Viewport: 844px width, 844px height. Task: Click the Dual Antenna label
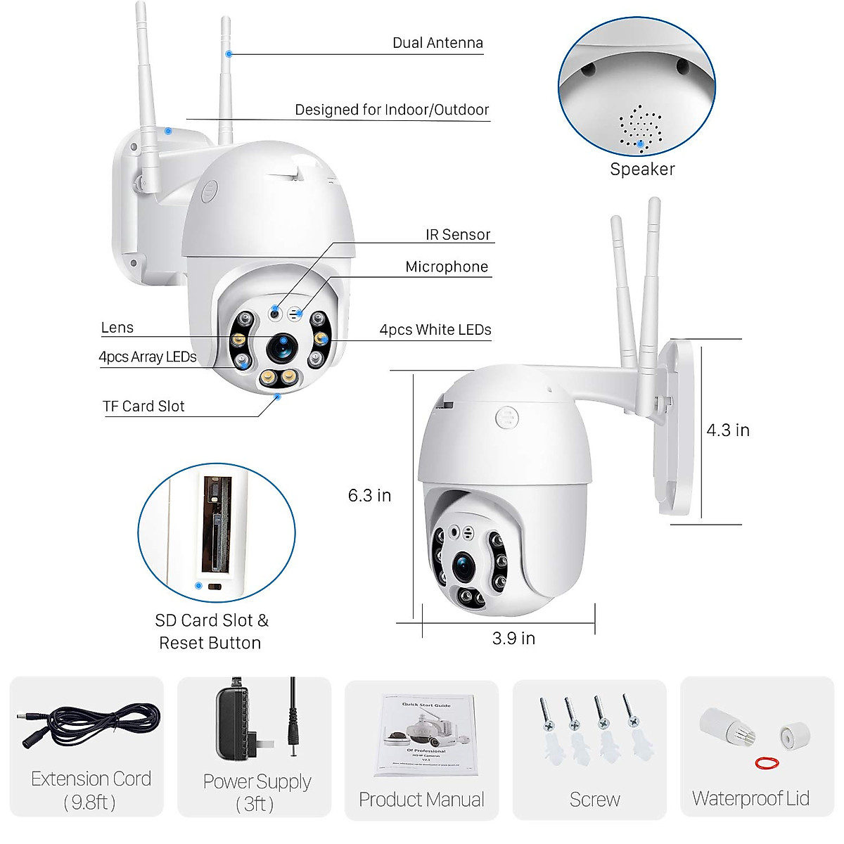(x=437, y=43)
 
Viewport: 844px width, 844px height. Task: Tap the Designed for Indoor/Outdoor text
(x=392, y=110)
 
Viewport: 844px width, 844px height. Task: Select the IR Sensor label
(x=458, y=235)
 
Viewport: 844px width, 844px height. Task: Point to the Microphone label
(x=447, y=267)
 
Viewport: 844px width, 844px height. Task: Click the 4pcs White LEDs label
(x=435, y=330)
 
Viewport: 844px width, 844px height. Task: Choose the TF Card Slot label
(x=143, y=407)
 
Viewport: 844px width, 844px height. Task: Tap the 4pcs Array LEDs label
(x=148, y=357)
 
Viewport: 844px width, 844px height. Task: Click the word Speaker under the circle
(x=642, y=170)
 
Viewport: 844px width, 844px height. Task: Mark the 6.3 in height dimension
(x=369, y=496)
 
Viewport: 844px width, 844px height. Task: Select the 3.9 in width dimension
(x=513, y=639)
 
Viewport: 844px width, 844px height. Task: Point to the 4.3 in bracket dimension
(x=728, y=430)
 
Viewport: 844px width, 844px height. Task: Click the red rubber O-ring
(x=767, y=762)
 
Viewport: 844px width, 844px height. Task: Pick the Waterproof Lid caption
(x=750, y=799)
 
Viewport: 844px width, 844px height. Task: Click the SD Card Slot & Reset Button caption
(x=211, y=632)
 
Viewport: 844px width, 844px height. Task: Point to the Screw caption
(x=594, y=800)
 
